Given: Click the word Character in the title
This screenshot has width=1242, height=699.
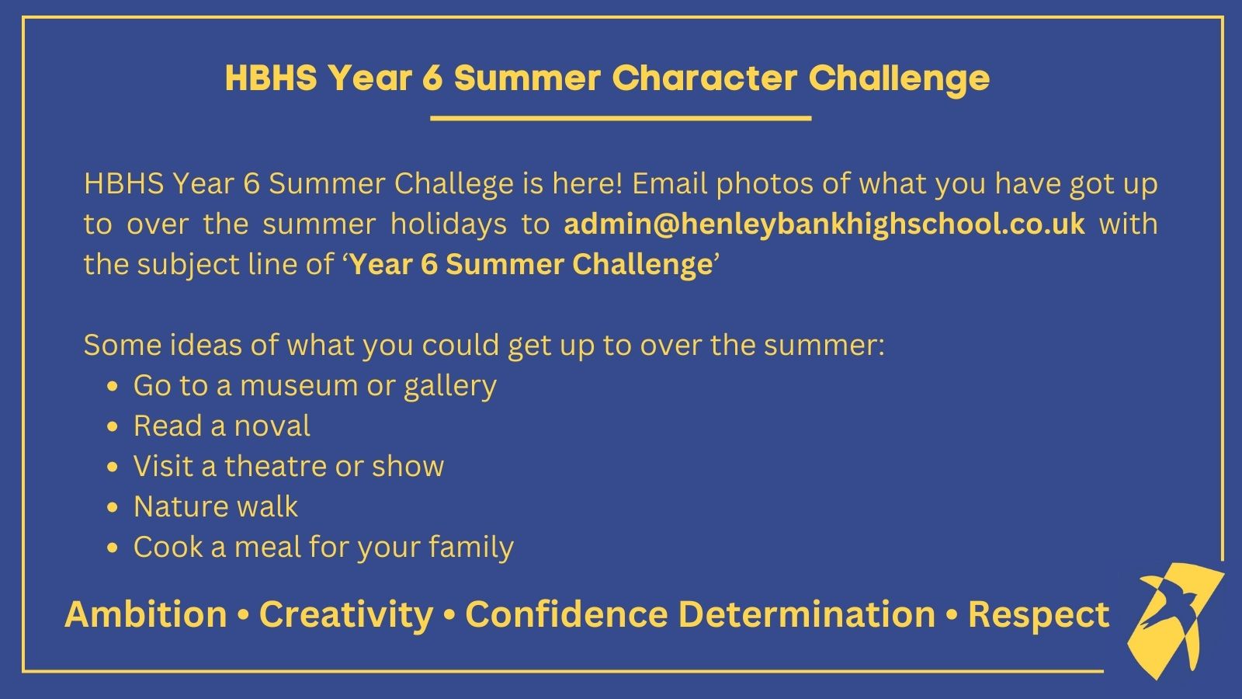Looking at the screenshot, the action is coord(704,78).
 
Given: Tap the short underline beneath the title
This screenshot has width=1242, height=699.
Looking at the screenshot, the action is coord(620,117).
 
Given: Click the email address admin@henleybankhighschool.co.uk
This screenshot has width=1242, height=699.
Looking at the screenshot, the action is coord(824,224).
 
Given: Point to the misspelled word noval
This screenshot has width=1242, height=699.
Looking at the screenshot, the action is coord(272,426).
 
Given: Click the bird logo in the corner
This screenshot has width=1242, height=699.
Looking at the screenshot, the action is coord(1175,620).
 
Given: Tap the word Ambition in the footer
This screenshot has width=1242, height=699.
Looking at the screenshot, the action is coord(146,614).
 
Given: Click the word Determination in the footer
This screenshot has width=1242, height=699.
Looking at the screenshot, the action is coord(807,614).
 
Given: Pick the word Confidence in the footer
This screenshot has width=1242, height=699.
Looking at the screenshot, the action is coord(566,614).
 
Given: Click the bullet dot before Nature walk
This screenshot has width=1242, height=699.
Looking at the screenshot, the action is coord(113,508).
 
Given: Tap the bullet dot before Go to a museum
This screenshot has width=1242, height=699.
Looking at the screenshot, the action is coord(113,387).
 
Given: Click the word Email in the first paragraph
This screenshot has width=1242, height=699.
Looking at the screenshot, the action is coord(670,183).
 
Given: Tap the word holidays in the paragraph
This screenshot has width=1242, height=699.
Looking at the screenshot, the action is coord(449,224).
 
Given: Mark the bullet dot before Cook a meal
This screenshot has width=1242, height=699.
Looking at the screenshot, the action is coord(113,548).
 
